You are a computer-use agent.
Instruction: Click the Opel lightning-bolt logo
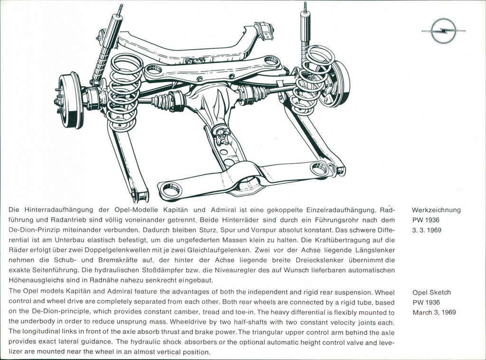[443, 31]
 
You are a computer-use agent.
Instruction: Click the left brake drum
[71, 101]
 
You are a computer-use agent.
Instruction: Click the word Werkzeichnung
[436, 210]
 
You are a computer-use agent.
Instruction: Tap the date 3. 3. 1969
[427, 230]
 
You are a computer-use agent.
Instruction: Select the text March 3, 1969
[434, 312]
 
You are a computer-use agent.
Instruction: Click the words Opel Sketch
[431, 292]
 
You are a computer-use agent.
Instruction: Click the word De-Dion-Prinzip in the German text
[32, 230]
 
